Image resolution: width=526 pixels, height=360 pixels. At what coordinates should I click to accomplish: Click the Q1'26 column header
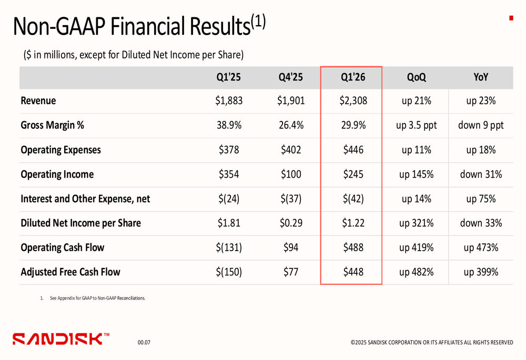coord(352,77)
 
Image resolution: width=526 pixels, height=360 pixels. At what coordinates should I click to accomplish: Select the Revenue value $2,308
coord(352,101)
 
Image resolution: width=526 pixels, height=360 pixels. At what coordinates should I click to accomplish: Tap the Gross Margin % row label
coord(52,126)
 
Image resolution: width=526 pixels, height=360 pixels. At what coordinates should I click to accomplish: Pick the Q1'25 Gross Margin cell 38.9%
coord(229,126)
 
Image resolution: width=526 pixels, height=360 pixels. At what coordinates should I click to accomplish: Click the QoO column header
coord(416,77)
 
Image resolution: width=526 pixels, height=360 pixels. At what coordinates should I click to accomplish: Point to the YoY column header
coord(480,77)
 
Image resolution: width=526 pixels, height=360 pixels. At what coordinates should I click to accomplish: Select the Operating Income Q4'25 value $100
coord(291,174)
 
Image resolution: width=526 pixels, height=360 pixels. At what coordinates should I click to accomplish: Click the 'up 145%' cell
coord(416,174)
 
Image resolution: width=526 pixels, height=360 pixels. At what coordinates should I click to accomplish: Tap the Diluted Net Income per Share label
coord(80,223)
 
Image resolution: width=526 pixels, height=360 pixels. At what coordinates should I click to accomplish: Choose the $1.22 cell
coord(352,223)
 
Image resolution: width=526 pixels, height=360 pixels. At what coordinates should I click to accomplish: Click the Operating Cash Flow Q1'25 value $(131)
coord(229,248)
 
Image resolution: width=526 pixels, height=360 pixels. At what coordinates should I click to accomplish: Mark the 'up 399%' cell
coord(480,272)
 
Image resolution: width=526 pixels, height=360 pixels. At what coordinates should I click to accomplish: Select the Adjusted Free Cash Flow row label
coord(70,272)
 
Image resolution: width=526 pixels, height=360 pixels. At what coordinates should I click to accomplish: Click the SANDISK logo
coord(61,338)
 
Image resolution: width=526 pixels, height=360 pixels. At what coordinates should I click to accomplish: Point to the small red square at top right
coord(511,18)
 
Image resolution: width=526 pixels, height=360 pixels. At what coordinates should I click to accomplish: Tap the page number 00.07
coord(144,343)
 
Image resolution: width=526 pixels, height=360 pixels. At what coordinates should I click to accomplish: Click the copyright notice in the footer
coord(432,343)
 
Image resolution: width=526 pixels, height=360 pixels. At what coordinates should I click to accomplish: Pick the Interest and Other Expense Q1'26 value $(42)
coord(352,199)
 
